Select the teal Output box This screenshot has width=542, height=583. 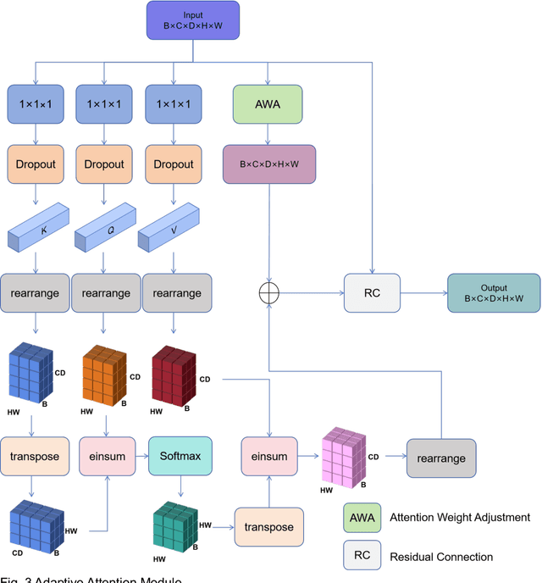pyautogui.click(x=494, y=292)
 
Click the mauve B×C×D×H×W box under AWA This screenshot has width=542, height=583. pyautogui.click(x=268, y=163)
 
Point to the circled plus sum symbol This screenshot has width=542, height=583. pyautogui.click(x=268, y=292)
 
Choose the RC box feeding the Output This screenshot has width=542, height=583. pyautogui.click(x=372, y=292)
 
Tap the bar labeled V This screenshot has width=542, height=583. pyautogui.click(x=174, y=225)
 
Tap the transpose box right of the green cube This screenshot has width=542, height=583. pyautogui.click(x=268, y=526)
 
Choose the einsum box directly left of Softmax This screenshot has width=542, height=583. pyautogui.click(x=107, y=456)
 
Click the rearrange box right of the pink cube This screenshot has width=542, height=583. pyautogui.click(x=441, y=458)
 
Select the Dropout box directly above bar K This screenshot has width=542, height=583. pyautogui.click(x=35, y=164)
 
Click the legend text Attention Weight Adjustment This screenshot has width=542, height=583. pyautogui.click(x=459, y=517)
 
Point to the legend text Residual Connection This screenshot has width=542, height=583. pyautogui.click(x=441, y=557)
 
